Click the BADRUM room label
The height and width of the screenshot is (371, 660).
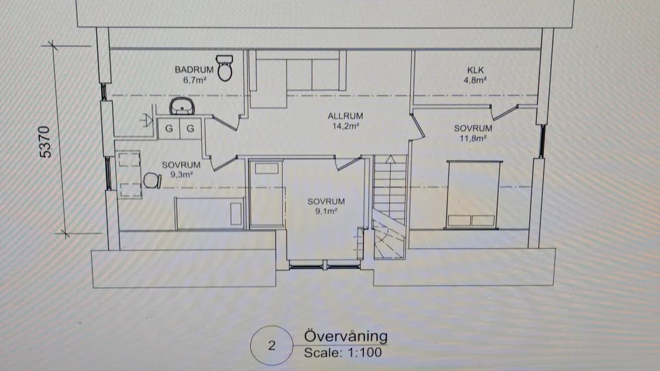pyautogui.click(x=194, y=70)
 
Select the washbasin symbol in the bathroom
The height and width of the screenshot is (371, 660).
pyautogui.click(x=180, y=106)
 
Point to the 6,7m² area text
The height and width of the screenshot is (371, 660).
pyautogui.click(x=194, y=80)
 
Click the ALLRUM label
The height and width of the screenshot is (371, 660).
pyautogui.click(x=345, y=117)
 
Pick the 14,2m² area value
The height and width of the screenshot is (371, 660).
pyautogui.click(x=345, y=126)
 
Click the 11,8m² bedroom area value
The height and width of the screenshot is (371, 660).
pyautogui.click(x=473, y=138)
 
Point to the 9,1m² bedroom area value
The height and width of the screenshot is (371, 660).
pyautogui.click(x=326, y=211)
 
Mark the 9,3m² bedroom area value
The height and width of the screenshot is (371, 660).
pyautogui.click(x=181, y=174)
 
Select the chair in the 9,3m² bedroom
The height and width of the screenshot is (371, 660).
pyautogui.click(x=151, y=180)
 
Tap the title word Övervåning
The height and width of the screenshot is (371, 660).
pyautogui.click(x=345, y=336)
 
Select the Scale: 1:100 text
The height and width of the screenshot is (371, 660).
pyautogui.click(x=342, y=353)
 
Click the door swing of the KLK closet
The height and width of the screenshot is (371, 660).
pyautogui.click(x=506, y=113)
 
